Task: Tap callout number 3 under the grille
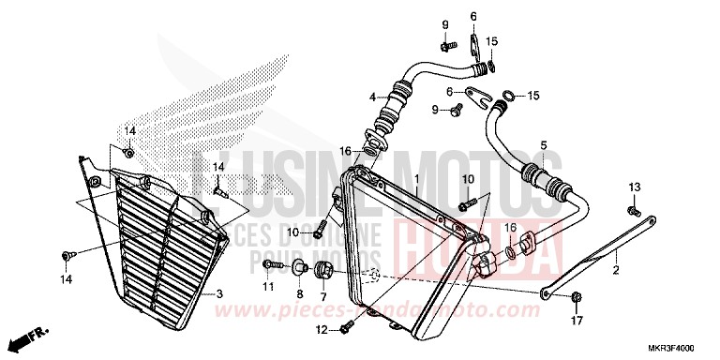click(218, 293)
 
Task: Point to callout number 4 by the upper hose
click(372, 97)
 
